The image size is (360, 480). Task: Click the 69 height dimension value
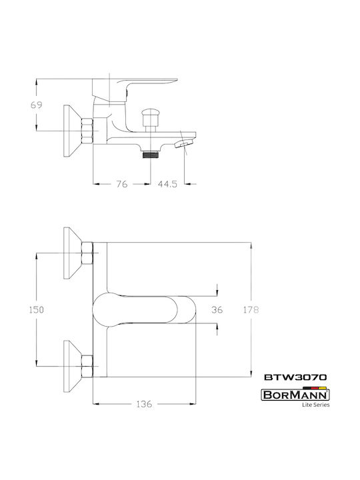(37, 105)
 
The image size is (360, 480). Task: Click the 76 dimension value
(121, 184)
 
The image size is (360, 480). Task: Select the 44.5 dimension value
(167, 184)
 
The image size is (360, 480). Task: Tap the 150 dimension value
(37, 309)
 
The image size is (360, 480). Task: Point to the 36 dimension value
(217, 309)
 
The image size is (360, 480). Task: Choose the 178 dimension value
(251, 309)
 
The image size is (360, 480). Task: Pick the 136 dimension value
(144, 404)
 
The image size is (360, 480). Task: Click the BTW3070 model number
(295, 377)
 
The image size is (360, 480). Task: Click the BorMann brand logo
(295, 395)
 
